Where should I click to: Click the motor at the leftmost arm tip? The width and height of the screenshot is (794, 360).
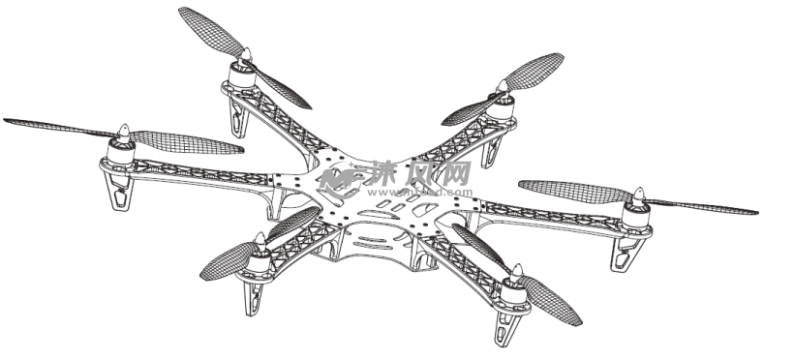pyautogui.click(x=122, y=150)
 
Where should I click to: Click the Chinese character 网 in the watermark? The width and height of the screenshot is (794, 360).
pyautogui.click(x=453, y=172)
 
